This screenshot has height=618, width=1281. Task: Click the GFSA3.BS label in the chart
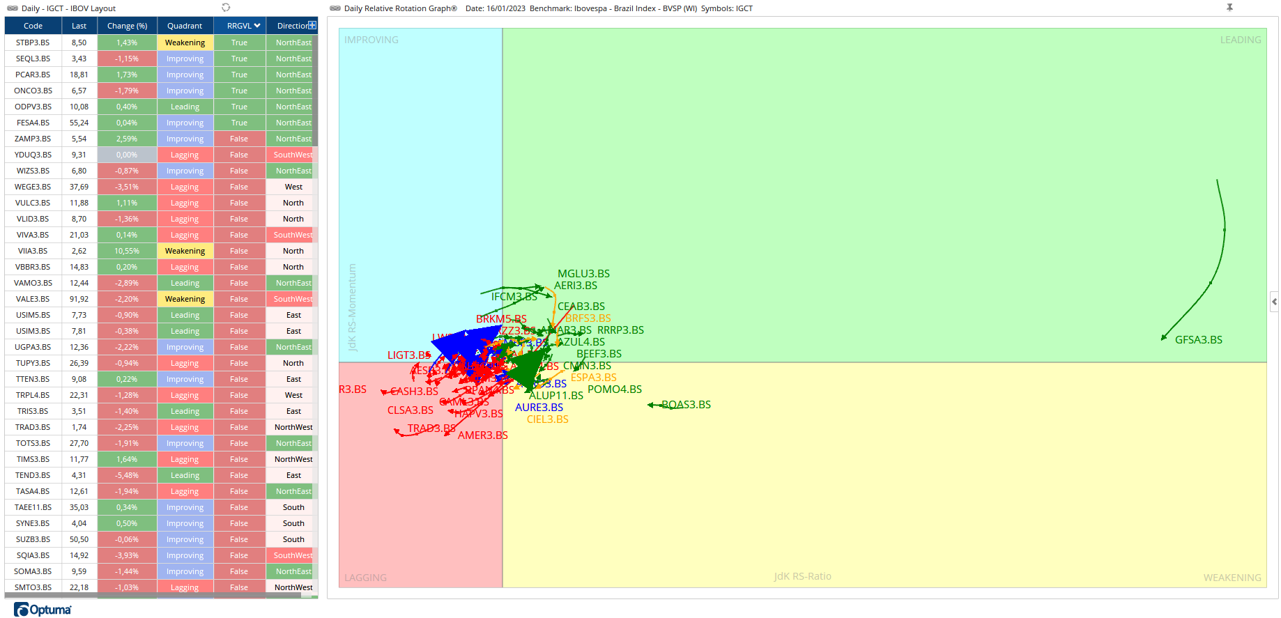coord(1198,340)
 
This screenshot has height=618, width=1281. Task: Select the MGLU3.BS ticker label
coord(583,274)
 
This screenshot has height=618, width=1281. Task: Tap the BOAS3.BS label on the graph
coord(686,405)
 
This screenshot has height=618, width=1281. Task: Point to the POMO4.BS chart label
coord(614,389)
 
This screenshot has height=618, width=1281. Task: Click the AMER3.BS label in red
coord(482,435)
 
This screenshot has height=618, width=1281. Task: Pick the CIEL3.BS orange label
coord(547,419)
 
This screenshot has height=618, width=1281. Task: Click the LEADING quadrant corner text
coord(1240,40)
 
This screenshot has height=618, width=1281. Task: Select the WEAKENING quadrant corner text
coord(1232,578)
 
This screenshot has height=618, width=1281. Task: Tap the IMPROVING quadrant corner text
coord(371,40)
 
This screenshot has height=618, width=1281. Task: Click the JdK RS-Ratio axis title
coord(802,576)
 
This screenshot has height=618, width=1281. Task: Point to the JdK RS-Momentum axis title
coord(352,307)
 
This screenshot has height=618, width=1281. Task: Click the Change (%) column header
coord(127,26)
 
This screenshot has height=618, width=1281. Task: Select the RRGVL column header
coord(239,26)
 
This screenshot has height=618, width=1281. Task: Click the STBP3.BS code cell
coord(33,43)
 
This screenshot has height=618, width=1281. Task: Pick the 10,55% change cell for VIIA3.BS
coord(127,251)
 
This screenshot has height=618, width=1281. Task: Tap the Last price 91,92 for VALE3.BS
coord(79,299)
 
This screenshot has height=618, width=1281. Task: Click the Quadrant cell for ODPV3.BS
coord(185,107)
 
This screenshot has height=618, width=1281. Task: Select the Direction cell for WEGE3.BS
coord(293,187)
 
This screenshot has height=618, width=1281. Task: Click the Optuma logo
coord(43,610)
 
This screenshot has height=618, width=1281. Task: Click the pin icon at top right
coord(1229,8)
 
